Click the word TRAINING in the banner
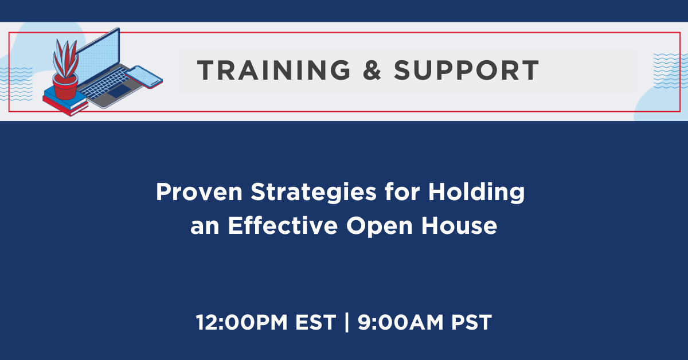[x=273, y=70]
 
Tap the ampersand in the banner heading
[x=372, y=70]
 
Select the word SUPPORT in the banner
[x=466, y=70]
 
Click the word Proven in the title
[x=200, y=192]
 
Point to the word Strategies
[x=313, y=193]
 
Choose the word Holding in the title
[x=476, y=193]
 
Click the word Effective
[x=283, y=225]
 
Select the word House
[x=459, y=226]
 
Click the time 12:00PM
[x=241, y=323]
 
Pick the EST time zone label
[x=315, y=323]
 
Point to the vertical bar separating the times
[x=347, y=323]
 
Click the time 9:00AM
[x=401, y=323]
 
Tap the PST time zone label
[x=471, y=323]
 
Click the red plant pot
[x=65, y=87]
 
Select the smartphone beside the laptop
[x=144, y=77]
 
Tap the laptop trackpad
[x=120, y=91]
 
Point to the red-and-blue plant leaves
[x=65, y=58]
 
